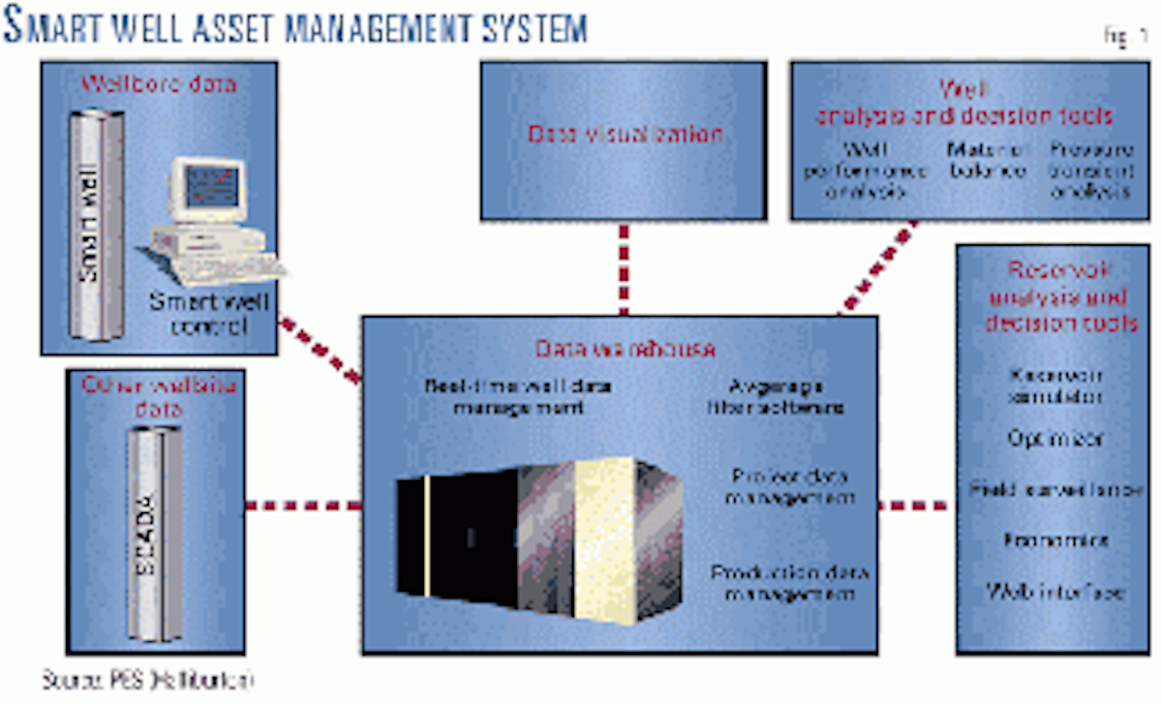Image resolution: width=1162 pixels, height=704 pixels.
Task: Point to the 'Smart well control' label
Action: point(209,314)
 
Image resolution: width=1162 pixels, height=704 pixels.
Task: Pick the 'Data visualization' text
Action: point(625,134)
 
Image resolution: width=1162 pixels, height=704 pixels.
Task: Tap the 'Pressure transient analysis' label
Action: point(1090,168)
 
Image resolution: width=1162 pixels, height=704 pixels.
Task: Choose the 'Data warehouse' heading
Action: point(624,348)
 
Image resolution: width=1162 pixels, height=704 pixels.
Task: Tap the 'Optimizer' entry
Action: point(1057,438)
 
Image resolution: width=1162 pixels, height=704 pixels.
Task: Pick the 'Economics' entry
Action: point(1057,539)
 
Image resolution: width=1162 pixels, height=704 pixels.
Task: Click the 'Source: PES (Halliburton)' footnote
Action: point(147,680)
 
